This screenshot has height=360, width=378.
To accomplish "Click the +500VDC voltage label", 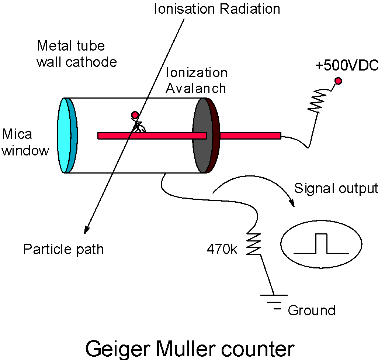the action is [346, 65].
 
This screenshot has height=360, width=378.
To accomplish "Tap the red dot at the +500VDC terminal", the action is [338, 81].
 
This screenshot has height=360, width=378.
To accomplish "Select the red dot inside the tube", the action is [135, 114].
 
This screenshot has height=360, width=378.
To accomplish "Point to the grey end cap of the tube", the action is [203, 135].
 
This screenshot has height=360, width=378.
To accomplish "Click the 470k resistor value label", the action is [222, 249].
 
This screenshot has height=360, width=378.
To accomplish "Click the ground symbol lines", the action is [274, 302].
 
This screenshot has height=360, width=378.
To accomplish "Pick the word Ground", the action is [312, 310].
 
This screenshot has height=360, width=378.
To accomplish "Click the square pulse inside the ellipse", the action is [321, 244].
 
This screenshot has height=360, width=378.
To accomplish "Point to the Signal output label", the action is [336, 188].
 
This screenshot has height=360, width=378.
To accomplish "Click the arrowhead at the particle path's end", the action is [86, 230].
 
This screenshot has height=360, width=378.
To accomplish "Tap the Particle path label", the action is [63, 250].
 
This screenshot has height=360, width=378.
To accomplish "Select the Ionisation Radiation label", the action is [217, 9].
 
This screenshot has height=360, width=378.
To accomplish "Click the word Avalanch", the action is [196, 88].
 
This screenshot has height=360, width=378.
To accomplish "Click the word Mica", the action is [17, 134].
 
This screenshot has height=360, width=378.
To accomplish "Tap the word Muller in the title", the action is [185, 349].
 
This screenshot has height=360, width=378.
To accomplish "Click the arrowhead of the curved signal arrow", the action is [292, 203].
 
